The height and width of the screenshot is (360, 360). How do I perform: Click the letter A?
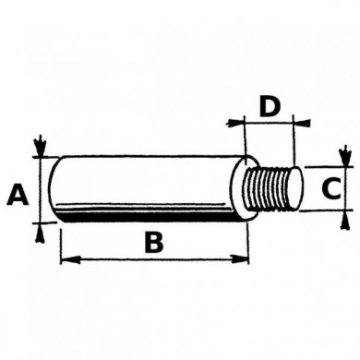point(16,195)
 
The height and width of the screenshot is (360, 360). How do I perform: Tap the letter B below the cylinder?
point(153,244)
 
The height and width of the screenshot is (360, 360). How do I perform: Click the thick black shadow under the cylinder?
point(148,218)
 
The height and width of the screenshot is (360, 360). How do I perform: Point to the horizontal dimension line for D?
point(269,121)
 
